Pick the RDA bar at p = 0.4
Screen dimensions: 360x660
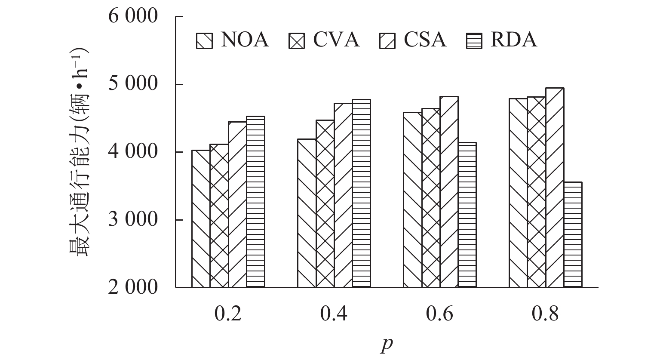(x=361, y=193)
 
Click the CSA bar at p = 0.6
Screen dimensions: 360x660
(x=449, y=192)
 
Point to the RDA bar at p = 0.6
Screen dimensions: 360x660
(x=467, y=215)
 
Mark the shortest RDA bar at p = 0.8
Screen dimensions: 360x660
(x=573, y=234)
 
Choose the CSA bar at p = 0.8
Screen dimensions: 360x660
(x=555, y=188)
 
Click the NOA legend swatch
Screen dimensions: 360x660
(x=204, y=41)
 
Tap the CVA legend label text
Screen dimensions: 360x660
(x=336, y=40)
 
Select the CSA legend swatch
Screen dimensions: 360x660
(x=387, y=41)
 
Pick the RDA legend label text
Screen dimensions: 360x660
(x=514, y=40)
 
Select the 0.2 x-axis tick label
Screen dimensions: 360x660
(x=228, y=315)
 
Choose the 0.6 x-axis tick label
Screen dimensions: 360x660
(x=439, y=315)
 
